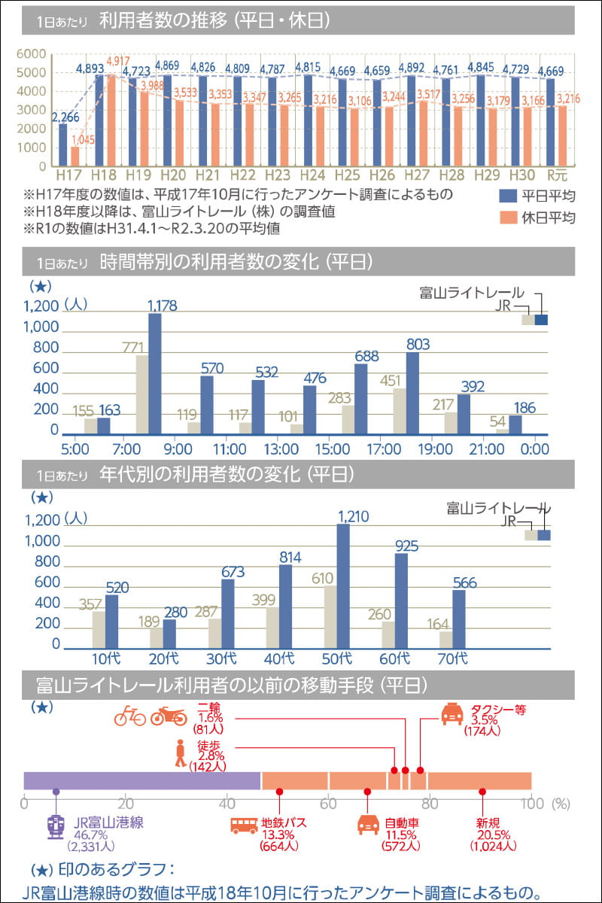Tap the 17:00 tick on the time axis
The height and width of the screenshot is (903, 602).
383,449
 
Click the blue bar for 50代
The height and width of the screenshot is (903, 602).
343,586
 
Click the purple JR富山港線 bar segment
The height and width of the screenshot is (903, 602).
142,780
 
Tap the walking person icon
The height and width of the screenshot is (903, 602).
180,753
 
